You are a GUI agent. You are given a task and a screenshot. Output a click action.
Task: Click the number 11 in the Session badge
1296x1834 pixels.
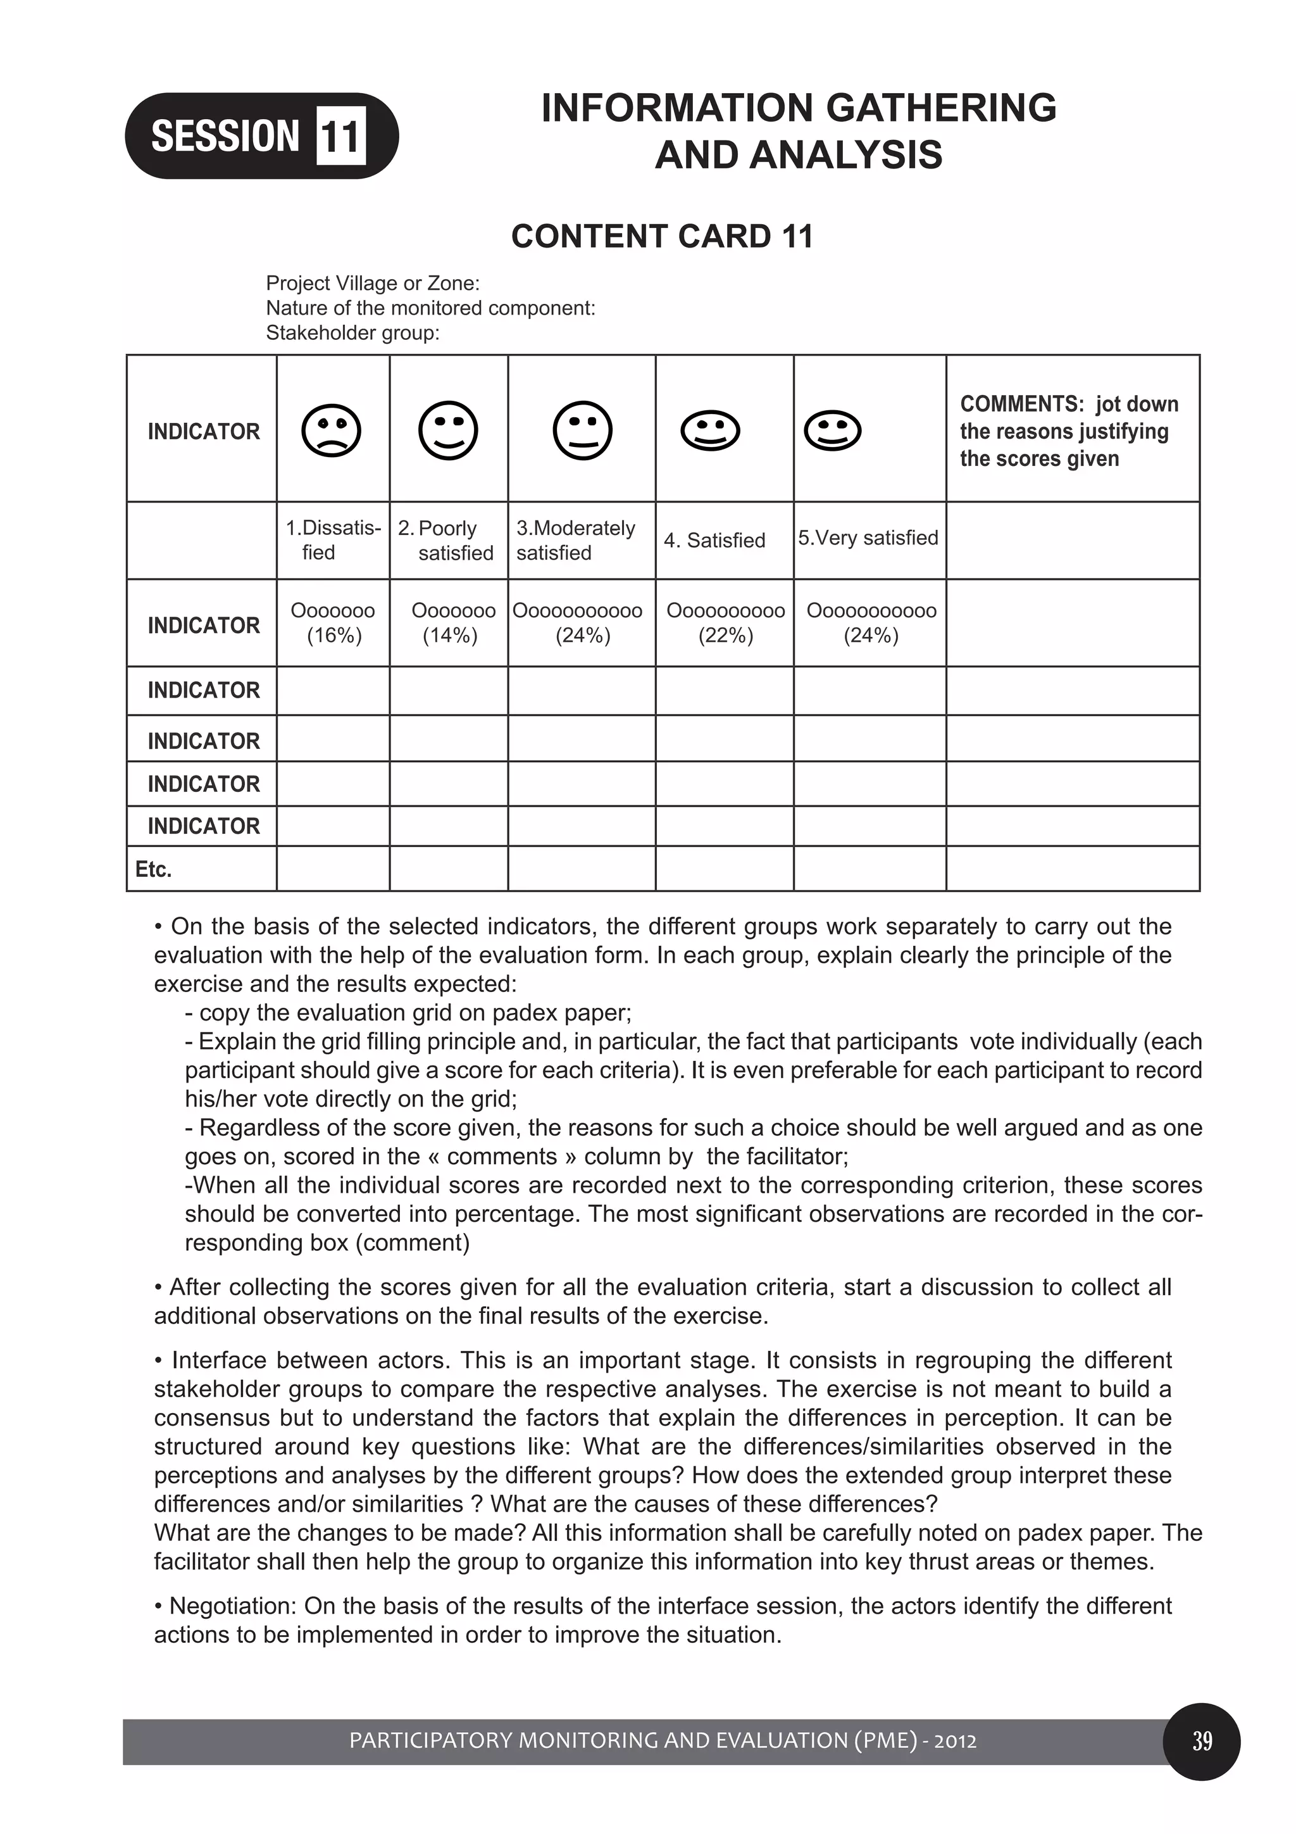click(341, 135)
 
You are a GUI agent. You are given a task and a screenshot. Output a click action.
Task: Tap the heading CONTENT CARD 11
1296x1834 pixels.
click(661, 236)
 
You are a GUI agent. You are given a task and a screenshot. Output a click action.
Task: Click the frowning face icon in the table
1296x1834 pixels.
click(332, 431)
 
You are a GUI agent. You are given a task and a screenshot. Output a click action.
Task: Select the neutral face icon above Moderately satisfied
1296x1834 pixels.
click(582, 430)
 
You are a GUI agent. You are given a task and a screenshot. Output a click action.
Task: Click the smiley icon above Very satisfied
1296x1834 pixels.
click(832, 431)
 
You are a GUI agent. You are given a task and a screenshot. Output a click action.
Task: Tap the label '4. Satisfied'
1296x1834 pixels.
click(714, 541)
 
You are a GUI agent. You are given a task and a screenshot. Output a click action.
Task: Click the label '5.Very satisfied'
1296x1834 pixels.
click(868, 537)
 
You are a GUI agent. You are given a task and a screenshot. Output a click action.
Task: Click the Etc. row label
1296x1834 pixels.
click(153, 869)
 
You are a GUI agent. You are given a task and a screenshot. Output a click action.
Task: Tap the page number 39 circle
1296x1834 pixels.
click(1202, 1742)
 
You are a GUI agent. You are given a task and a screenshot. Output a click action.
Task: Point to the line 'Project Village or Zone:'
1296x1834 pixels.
click(372, 284)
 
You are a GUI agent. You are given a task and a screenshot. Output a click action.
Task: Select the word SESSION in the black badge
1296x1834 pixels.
click(225, 135)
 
